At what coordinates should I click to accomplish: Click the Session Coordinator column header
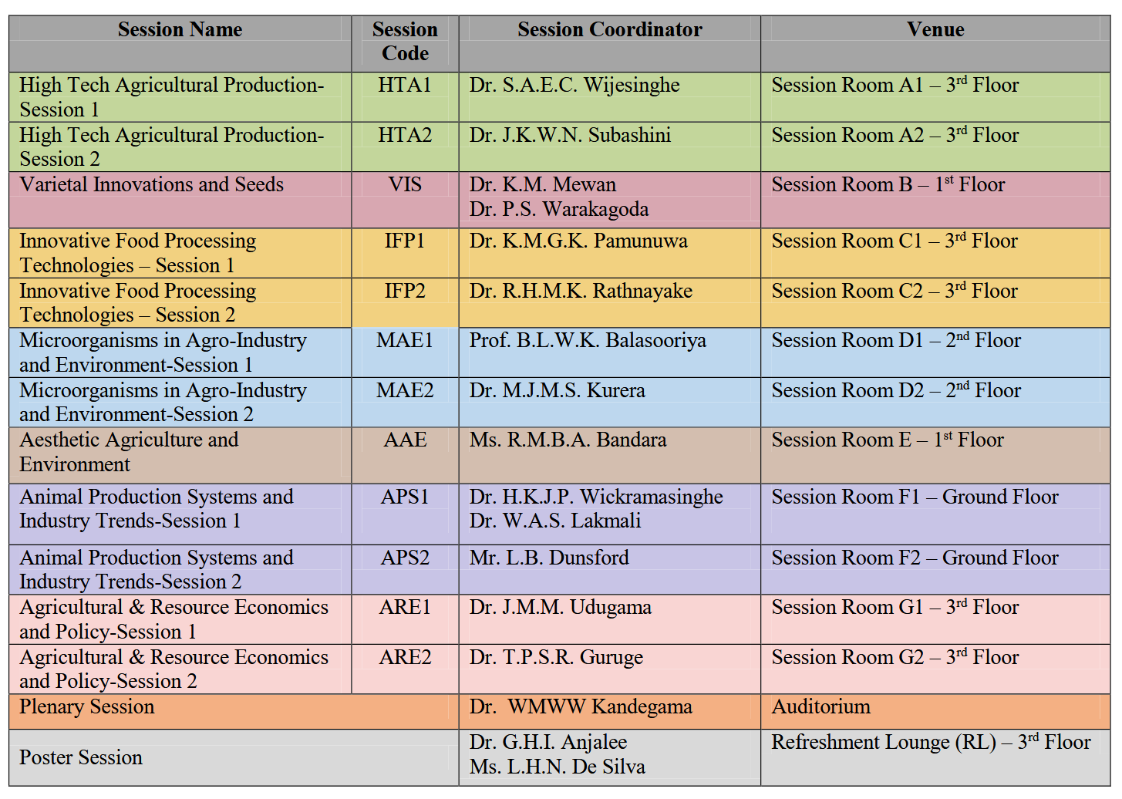609,30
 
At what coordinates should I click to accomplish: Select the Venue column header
935,30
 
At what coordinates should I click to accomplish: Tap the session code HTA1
405,86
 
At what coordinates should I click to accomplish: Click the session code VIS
405,185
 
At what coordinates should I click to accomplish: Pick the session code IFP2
405,292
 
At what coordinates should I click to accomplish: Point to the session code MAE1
405,341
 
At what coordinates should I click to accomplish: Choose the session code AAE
405,440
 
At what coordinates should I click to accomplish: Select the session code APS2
405,558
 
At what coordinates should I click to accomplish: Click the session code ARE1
405,608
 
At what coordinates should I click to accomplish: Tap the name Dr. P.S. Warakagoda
558,210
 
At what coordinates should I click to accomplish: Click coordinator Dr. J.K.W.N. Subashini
570,136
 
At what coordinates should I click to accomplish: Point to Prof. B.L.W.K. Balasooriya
588,341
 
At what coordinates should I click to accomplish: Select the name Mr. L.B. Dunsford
549,558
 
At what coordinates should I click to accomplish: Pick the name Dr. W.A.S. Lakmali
555,521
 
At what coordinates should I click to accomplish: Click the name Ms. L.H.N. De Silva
557,767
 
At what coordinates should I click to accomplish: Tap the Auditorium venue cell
820,707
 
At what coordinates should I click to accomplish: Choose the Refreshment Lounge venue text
931,743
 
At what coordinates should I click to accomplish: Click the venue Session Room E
888,440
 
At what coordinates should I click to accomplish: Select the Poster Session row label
81,758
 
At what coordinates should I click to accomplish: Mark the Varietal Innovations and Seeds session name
151,185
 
